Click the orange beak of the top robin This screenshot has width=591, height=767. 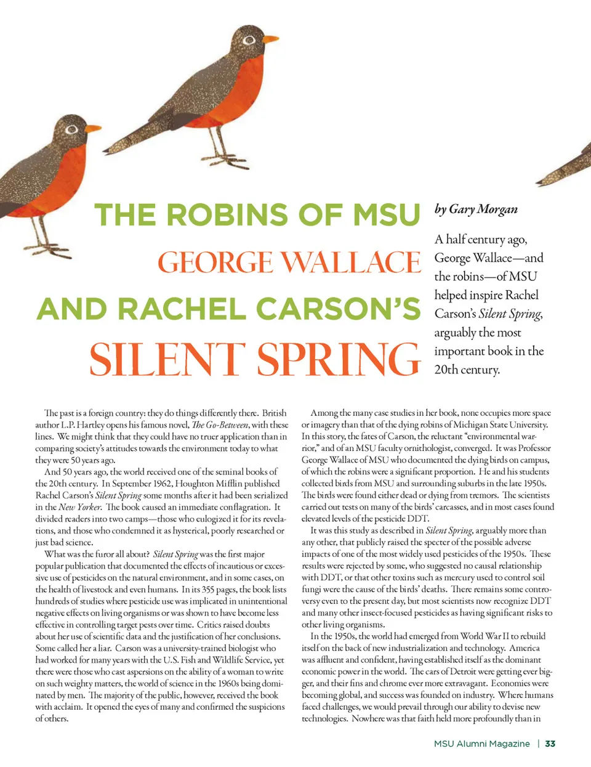[x=270, y=40]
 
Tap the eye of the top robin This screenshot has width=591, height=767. [x=249, y=41]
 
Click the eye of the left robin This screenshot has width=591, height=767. [x=72, y=129]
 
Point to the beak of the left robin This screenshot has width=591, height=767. [x=92, y=129]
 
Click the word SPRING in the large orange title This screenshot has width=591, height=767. [x=339, y=359]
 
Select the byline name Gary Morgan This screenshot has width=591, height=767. [x=483, y=209]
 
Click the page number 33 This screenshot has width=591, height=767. [x=550, y=744]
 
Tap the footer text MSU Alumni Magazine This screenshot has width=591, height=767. [x=481, y=744]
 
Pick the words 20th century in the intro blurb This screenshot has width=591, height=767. [x=467, y=370]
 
